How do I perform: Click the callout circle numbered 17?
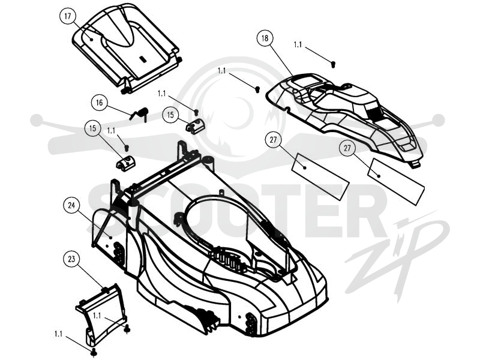click(68, 16)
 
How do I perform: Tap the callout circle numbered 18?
click(265, 38)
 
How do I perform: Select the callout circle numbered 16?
click(100, 103)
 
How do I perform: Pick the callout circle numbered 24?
click(71, 205)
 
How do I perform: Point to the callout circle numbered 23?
click(71, 259)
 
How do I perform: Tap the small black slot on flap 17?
click(142, 59)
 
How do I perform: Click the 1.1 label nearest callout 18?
click(298, 45)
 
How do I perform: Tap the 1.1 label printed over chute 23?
click(97, 316)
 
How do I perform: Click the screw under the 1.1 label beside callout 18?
click(334, 64)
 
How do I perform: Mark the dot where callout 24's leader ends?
click(110, 237)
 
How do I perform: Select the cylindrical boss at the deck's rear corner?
click(208, 163)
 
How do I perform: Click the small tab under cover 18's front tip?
click(415, 164)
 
